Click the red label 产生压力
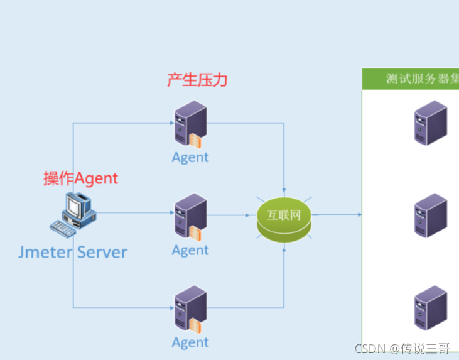click(197, 80)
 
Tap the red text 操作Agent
click(80, 178)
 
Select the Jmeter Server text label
click(73, 253)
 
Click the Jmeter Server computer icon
click(73, 214)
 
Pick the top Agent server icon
click(190, 124)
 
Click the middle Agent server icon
click(190, 217)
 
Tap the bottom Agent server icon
click(190, 310)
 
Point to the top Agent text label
click(190, 157)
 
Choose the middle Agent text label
click(190, 250)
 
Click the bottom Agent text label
click(190, 342)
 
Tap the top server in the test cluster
click(431, 123)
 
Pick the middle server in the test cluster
click(431, 215)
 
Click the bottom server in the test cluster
click(431, 308)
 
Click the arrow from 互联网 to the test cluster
click(337, 215)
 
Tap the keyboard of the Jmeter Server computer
click(63, 227)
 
